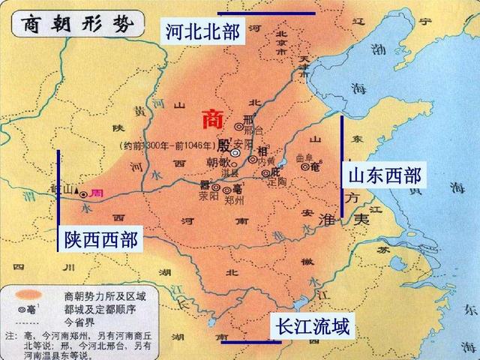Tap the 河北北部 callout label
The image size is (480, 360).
click(x=202, y=31)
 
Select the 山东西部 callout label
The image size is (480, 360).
click(x=382, y=176)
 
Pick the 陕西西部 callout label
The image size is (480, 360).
click(x=100, y=240)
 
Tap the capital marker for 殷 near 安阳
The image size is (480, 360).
click(x=235, y=152)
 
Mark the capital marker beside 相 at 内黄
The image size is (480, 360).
click(x=252, y=160)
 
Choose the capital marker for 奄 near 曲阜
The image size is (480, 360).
click(x=305, y=166)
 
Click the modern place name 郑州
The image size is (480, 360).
click(x=234, y=201)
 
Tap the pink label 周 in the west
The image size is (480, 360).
click(x=96, y=193)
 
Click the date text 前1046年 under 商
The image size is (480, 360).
click(x=193, y=145)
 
